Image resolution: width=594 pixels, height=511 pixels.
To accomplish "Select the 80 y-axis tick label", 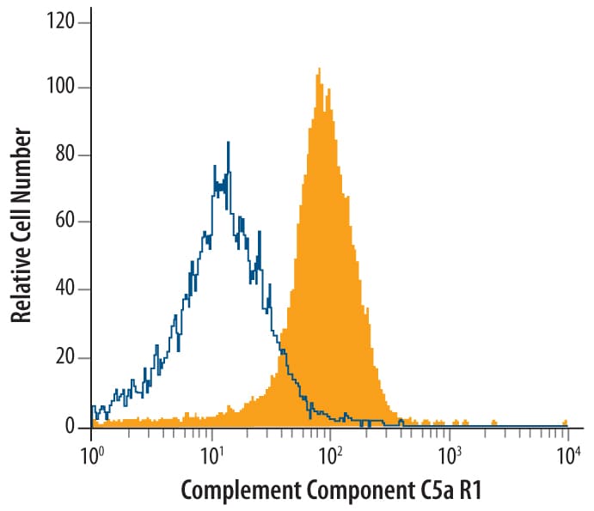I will click(x=65, y=155).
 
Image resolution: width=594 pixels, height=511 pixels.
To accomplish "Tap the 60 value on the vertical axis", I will click(x=65, y=222).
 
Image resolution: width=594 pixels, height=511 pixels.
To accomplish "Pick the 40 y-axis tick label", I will click(x=65, y=290).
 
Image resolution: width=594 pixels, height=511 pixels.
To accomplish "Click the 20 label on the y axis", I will click(x=65, y=358).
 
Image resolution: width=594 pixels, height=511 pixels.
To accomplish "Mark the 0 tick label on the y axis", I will click(x=70, y=426).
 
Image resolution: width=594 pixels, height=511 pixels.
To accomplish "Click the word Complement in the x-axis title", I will click(x=231, y=490).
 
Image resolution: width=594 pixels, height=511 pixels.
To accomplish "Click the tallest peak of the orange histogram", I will click(x=319, y=70).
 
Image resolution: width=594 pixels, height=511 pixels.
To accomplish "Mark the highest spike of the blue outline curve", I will click(x=229, y=143).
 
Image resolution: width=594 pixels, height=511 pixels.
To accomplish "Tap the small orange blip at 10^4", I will click(x=565, y=423).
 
